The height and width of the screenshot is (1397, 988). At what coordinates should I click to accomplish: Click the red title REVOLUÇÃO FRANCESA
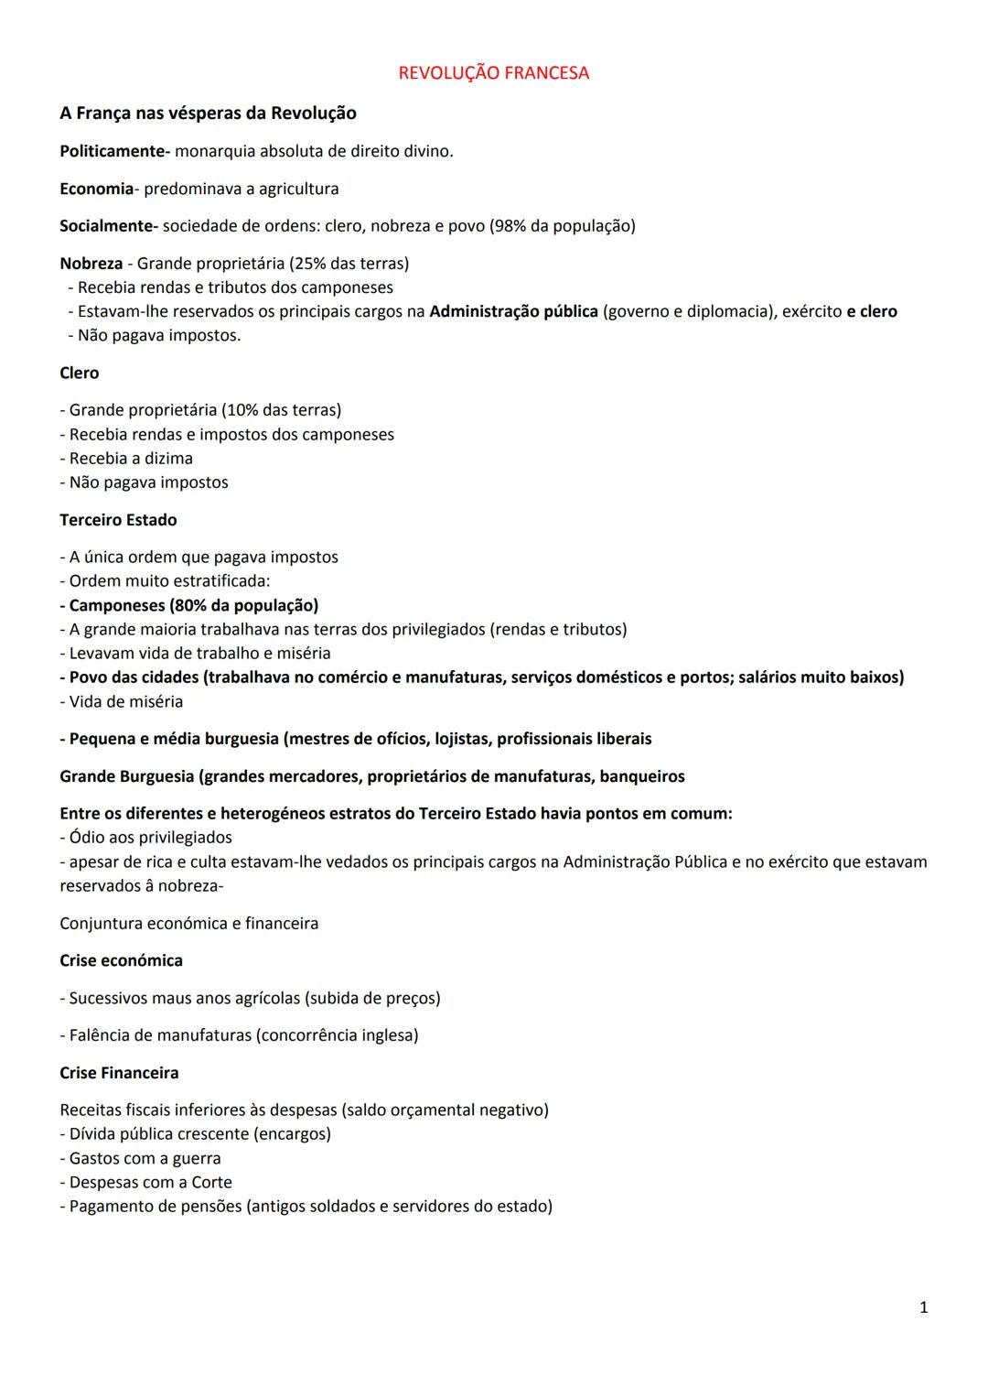[493, 73]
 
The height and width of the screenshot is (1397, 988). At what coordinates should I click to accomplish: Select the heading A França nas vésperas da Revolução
[208, 114]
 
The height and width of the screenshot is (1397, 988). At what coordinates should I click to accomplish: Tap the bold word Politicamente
[114, 151]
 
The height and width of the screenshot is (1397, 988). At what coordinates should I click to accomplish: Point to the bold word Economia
[96, 189]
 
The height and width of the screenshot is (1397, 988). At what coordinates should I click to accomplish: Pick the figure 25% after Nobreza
[308, 264]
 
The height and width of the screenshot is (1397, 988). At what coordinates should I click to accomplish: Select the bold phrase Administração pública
[513, 311]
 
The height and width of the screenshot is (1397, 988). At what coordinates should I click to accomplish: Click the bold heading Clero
[79, 374]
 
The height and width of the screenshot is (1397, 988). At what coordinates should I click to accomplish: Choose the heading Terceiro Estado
[118, 520]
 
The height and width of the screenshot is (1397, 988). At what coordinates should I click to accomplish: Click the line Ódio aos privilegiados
[146, 838]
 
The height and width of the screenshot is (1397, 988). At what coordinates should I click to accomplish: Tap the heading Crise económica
[121, 960]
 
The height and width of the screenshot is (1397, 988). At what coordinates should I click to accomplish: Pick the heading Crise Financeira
[119, 1073]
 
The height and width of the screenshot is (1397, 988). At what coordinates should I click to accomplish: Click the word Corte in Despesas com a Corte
[211, 1183]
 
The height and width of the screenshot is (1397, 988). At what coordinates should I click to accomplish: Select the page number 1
[923, 1307]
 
